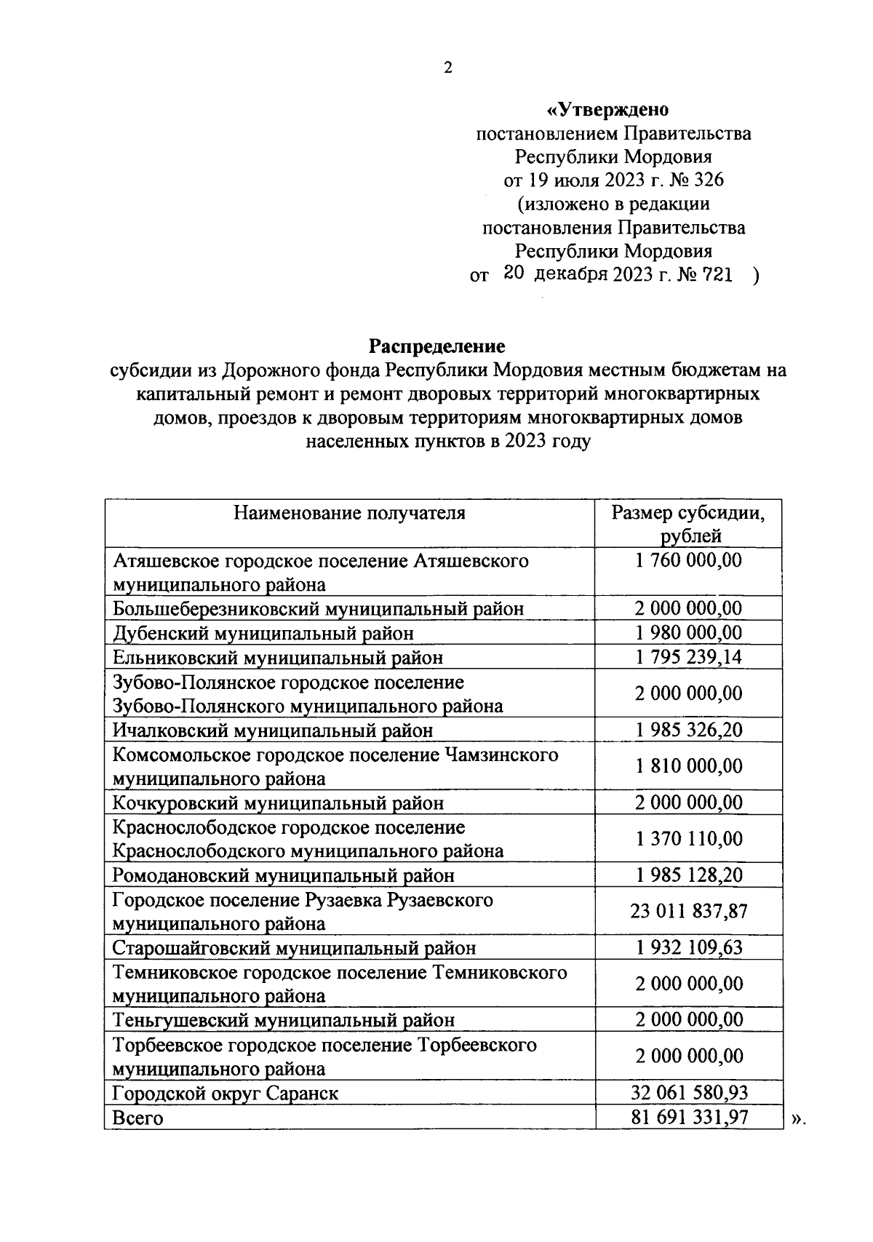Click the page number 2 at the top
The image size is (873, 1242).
(x=447, y=68)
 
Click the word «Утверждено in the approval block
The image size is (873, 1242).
(x=607, y=110)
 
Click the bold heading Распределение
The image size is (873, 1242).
(x=436, y=346)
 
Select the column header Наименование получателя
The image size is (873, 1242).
(x=349, y=513)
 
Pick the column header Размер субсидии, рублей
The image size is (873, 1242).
(x=688, y=524)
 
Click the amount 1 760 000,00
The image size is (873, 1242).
(x=688, y=560)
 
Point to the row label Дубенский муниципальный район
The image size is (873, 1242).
(x=263, y=633)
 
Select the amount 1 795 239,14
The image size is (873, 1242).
(x=688, y=657)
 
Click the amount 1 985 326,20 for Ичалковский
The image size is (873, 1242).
(x=688, y=730)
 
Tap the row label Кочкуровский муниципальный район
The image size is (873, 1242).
(x=278, y=803)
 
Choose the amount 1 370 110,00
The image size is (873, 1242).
(x=688, y=839)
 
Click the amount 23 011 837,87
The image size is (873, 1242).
(x=688, y=911)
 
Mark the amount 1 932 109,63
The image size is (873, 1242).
(x=688, y=947)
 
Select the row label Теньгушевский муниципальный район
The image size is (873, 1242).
(x=284, y=1020)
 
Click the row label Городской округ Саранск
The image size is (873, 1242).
(x=226, y=1093)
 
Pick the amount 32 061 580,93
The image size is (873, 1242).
(x=688, y=1093)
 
